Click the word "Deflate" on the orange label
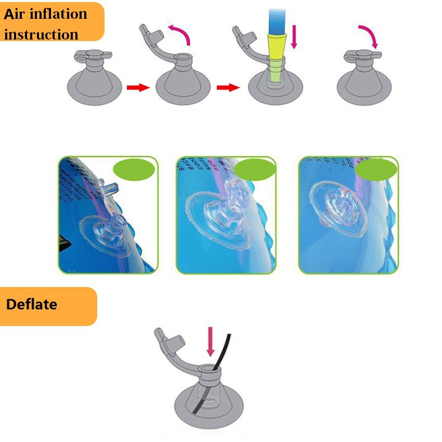click(x=31, y=304)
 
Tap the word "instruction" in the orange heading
click(x=41, y=34)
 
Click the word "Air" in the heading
click(x=16, y=14)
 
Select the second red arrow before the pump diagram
click(x=227, y=87)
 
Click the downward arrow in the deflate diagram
click(x=211, y=341)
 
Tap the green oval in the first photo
click(x=134, y=170)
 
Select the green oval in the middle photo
click(x=255, y=170)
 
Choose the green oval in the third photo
click(x=376, y=170)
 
